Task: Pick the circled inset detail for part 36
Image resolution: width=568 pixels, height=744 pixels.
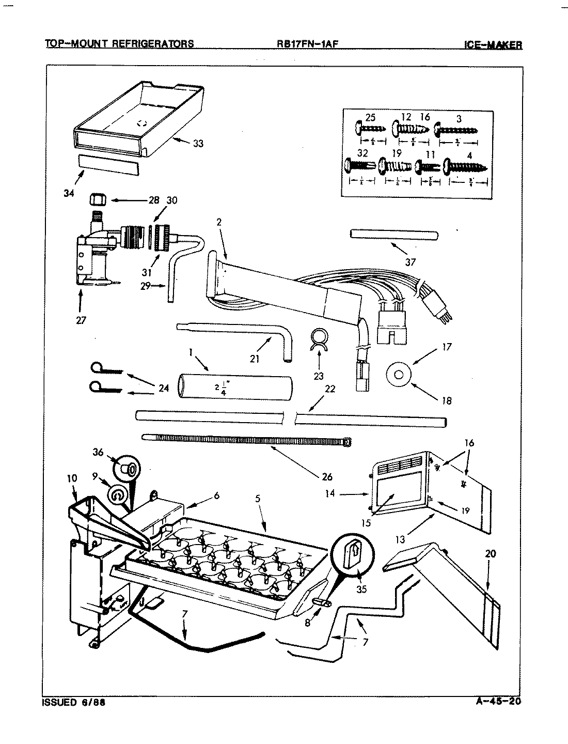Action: click(127, 469)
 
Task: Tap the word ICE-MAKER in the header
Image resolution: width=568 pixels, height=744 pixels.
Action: click(493, 45)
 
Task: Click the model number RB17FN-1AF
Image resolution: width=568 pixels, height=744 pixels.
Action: click(307, 44)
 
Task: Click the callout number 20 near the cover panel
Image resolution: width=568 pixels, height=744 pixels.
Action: click(490, 554)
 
